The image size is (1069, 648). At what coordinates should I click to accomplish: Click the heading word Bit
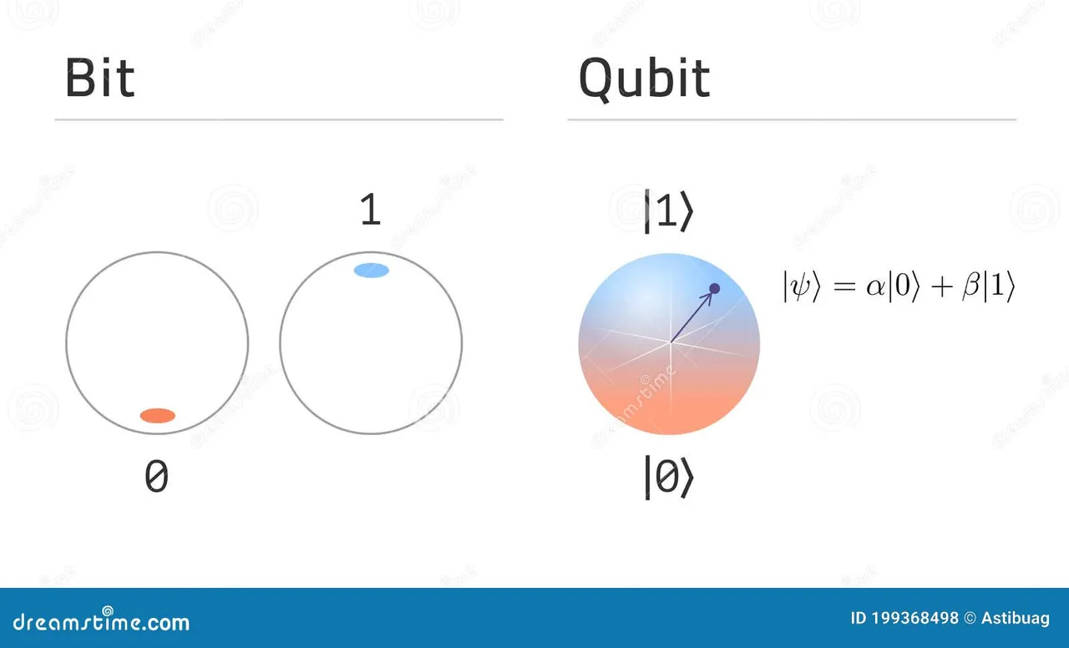99,78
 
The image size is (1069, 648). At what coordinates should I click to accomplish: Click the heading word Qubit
644,79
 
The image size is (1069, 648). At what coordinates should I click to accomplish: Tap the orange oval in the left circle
158,416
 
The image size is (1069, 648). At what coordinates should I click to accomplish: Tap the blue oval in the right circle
372,270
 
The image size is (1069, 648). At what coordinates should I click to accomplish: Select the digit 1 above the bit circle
371,209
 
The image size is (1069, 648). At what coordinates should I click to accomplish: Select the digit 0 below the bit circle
156,476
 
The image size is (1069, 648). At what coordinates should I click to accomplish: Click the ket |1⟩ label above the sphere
669,211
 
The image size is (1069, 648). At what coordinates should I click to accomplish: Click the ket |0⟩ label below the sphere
669,477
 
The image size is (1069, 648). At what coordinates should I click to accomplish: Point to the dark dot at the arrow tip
714,288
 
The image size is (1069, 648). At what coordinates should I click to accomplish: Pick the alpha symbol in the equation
876,287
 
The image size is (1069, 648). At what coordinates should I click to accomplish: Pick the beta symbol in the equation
971,286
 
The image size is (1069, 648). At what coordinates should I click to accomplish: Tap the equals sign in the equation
844,286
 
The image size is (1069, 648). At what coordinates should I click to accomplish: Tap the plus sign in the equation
941,287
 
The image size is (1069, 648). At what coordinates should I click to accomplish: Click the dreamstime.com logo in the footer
101,620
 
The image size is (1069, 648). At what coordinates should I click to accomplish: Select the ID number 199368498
914,619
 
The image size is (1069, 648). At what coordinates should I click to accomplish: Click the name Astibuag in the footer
1016,619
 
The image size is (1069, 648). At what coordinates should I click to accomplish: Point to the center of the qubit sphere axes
670,342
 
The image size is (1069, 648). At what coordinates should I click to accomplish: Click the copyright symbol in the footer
970,619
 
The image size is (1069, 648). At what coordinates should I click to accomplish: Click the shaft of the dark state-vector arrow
691,318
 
